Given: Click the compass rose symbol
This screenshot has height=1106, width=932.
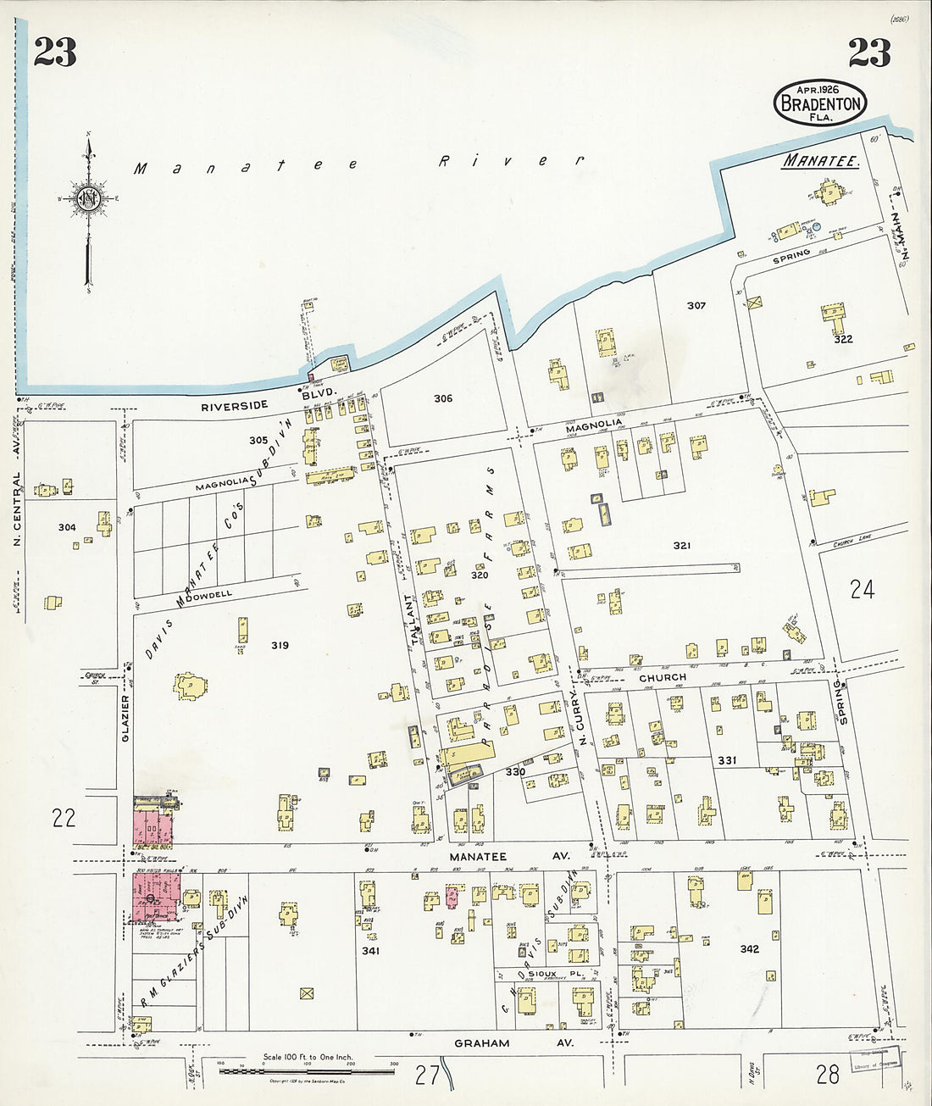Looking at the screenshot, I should click(88, 199).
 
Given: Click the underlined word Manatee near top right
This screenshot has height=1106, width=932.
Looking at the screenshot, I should click(820, 160).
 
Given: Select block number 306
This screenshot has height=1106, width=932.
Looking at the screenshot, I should click(443, 398).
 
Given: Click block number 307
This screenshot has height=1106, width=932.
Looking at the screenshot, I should click(696, 305).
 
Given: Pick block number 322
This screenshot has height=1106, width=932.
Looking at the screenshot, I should click(842, 339).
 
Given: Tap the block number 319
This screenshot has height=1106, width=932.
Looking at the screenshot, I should click(280, 646).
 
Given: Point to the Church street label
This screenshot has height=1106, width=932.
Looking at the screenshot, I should click(663, 678).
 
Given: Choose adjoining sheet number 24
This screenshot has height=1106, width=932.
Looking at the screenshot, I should click(862, 589).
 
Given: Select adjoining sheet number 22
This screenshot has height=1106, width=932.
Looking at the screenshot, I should click(64, 818).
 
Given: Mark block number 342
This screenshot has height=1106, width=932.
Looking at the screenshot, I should click(749, 949).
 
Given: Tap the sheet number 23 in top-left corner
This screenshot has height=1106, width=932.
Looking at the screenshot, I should click(55, 53).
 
